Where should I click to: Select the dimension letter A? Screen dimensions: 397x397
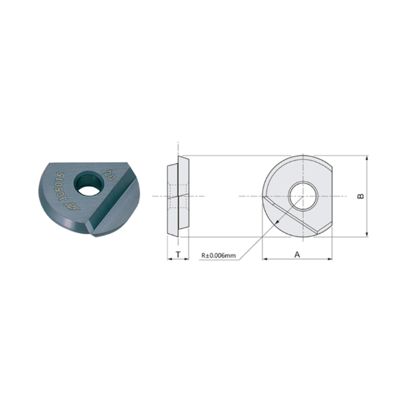[x=297, y=254]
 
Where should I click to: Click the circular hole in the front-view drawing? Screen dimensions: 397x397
[x=301, y=195]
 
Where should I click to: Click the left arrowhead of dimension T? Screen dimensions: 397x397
[x=168, y=258]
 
